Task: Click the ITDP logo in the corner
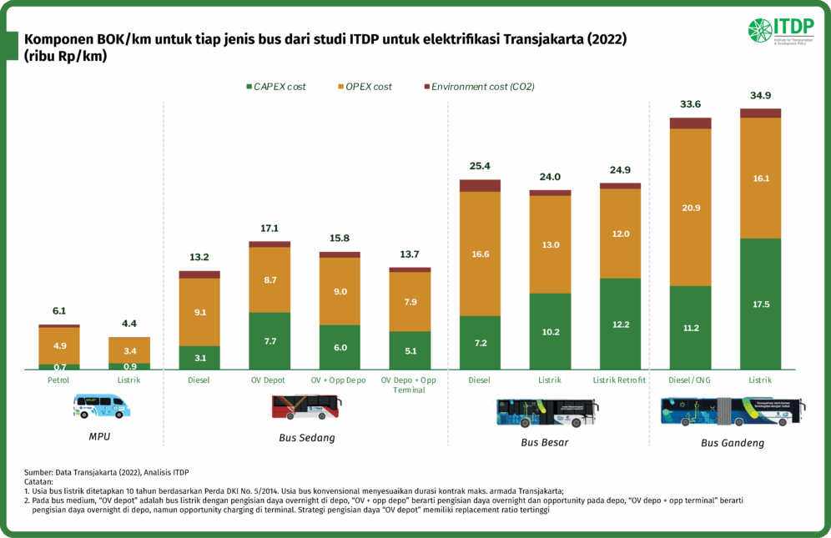pos(781,32)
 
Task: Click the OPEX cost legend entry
pos(365,87)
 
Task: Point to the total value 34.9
pos(760,95)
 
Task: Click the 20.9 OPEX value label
pos(691,207)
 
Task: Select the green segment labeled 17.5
pos(760,304)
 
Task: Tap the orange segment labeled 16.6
pos(480,254)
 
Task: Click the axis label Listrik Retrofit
pos(620,380)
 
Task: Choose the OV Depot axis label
pos(269,380)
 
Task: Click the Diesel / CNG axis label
pos(690,380)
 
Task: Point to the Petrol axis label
pos(59,380)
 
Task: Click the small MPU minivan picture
pos(101,406)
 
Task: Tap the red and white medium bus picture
pos(306,406)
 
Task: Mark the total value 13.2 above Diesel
pos(199,257)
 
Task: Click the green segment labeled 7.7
pos(269,340)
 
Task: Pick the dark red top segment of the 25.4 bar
pos(480,185)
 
